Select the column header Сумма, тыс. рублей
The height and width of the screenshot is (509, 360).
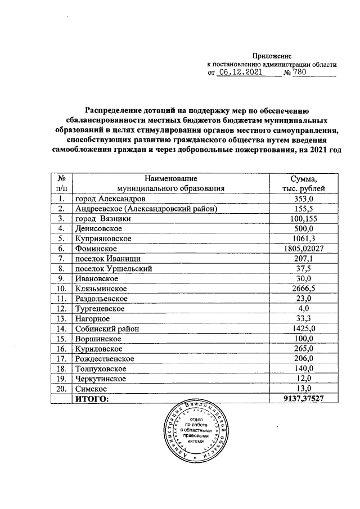303,183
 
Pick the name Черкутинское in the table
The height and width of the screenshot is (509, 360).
100,378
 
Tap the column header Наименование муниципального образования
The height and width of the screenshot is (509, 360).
171,183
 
